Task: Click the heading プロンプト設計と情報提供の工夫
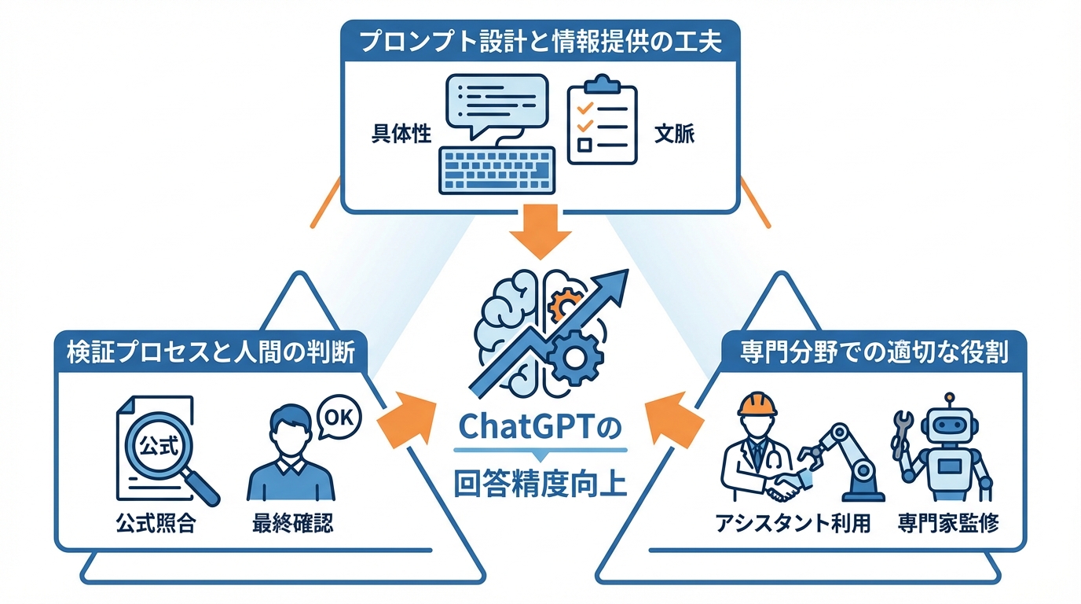[x=540, y=41]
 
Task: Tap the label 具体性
[x=401, y=134]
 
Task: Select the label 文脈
[x=674, y=134]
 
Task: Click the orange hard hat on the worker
[x=756, y=404]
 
